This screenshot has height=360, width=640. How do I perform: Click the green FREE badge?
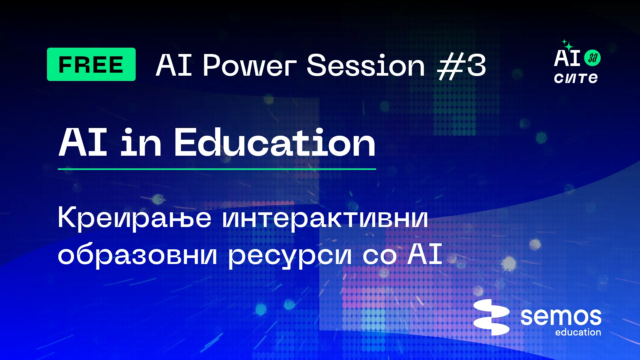point(91,64)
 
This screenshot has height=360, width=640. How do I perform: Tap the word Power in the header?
point(250,65)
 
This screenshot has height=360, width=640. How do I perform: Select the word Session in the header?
point(366,65)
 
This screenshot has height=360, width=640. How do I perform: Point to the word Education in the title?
point(275,142)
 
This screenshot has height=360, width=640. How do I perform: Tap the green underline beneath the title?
point(217,169)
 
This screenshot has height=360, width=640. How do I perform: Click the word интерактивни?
point(325,218)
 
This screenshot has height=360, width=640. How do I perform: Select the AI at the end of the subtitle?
point(425,254)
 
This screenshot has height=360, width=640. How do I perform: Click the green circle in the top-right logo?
point(592,58)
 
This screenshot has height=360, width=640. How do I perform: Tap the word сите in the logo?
point(576,78)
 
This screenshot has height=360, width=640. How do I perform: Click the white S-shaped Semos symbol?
point(491,317)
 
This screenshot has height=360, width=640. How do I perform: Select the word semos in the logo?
point(561,317)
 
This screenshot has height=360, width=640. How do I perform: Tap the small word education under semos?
point(578,332)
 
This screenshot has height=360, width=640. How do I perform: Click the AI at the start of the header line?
point(174,65)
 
